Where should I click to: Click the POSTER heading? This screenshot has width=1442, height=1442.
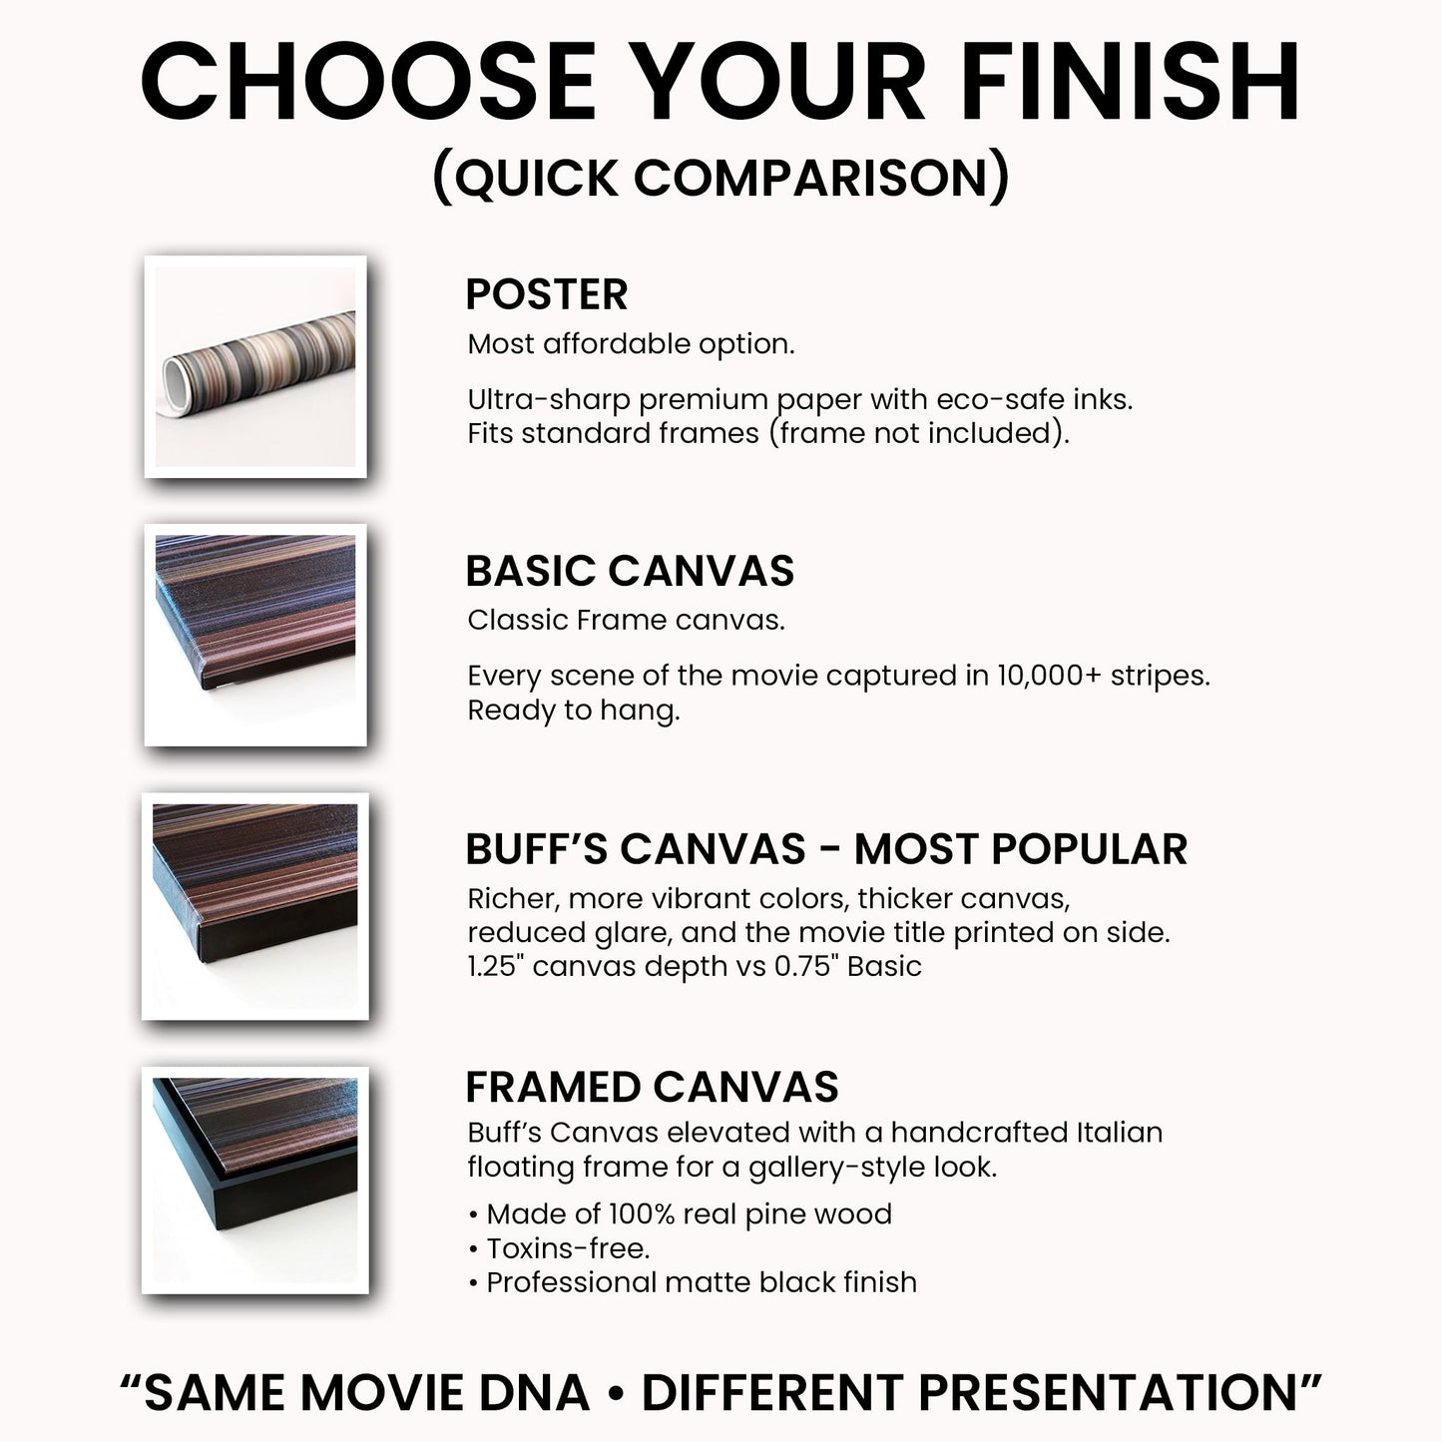tap(546, 294)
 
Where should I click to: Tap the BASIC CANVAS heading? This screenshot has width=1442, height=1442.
tap(630, 571)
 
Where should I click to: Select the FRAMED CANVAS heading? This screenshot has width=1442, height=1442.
tap(652, 1087)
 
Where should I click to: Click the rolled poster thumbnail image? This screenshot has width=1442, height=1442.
tap(255, 366)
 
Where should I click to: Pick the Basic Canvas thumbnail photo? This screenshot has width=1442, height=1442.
tap(255, 635)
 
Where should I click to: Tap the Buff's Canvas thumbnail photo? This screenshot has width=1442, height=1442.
tap(255, 906)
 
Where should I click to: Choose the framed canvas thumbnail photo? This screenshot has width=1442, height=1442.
tap(255, 1180)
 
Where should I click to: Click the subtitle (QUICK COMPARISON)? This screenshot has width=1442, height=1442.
tap(721, 178)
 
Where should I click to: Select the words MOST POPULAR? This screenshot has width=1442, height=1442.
tap(1021, 849)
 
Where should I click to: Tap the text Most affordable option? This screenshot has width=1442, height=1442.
tap(631, 344)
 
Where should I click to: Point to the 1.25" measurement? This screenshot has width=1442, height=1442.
tap(495, 966)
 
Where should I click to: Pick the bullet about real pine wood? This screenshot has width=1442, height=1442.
tap(689, 1214)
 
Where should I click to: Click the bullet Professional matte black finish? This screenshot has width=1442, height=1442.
tap(701, 1282)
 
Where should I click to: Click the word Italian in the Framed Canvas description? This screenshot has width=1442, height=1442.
tap(1119, 1133)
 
